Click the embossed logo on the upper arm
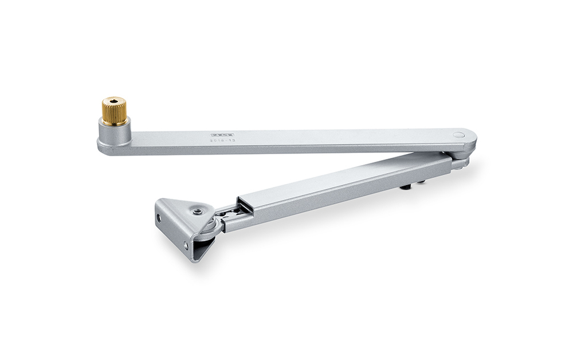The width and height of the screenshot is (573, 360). (x=223, y=136)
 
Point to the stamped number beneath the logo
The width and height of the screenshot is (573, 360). (x=223, y=142)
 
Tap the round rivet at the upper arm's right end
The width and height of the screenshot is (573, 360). (x=458, y=135)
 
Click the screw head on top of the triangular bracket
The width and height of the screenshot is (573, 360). (x=197, y=211)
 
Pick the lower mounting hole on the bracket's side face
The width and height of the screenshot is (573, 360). (x=186, y=246)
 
